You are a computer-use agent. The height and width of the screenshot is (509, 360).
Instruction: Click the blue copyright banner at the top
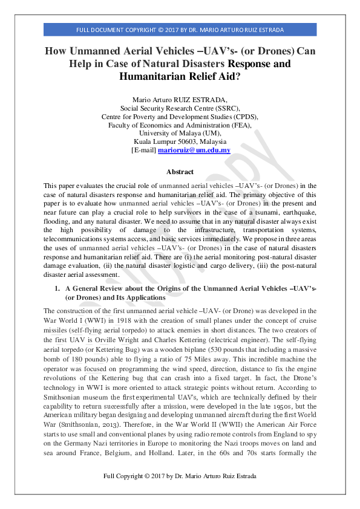coord(180,30)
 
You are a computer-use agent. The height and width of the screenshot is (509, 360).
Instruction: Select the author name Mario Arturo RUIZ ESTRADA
coord(180,99)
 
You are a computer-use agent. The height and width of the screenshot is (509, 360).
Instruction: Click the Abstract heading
coord(180,172)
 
